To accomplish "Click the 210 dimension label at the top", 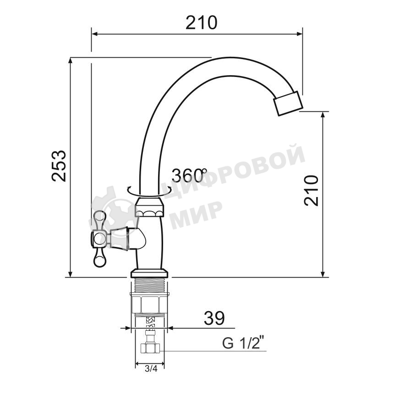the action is tap(201, 22).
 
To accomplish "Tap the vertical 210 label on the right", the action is tap(312, 190).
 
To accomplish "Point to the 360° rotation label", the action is tap(189, 175).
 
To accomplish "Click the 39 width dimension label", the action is tap(214, 318).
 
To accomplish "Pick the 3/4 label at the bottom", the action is tap(151, 369).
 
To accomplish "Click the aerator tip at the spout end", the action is tap(287, 104).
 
